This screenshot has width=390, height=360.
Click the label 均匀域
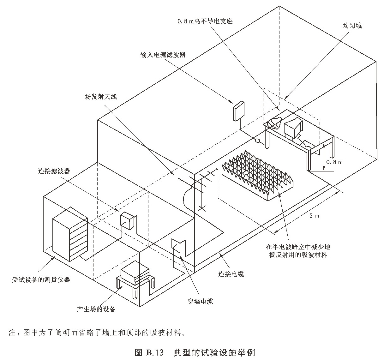point(352,26)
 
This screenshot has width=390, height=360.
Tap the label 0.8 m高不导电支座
point(205,21)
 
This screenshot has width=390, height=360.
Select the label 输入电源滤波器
point(163,55)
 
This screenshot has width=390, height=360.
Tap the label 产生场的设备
point(96,309)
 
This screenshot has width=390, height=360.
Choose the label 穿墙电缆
point(198,302)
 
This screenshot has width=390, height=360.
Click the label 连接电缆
point(231,273)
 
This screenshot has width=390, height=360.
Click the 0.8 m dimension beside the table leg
point(334,162)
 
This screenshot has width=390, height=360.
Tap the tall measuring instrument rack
point(70,234)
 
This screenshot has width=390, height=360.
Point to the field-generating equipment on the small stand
point(135,272)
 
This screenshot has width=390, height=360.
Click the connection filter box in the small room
point(128,220)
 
